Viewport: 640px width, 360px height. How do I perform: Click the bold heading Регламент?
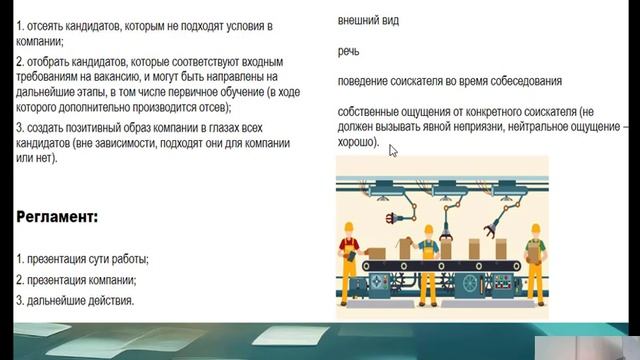[x=57, y=217]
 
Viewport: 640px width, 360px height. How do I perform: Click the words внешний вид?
[x=369, y=20]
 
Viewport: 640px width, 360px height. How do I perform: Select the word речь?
[x=349, y=50]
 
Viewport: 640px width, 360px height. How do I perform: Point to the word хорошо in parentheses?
[x=357, y=143]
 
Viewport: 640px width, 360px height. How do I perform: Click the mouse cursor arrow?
[x=393, y=150]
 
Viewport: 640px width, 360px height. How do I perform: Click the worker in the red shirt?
[x=352, y=257]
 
